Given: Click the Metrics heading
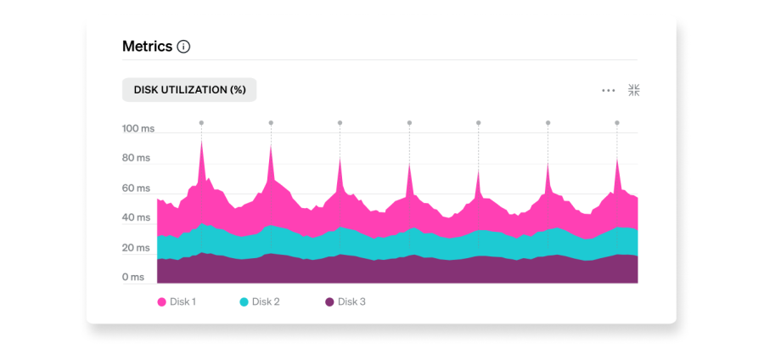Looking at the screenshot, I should coord(147,46).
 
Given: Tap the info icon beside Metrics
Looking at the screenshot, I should coord(183,47).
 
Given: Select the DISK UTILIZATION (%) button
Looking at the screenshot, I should coord(189,90).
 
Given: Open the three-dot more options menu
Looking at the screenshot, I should coord(609,90).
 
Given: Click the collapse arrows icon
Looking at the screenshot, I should coord(633,90).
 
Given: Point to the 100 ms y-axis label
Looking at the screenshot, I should coord(138,129).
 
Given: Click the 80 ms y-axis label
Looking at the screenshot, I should coord(136,158).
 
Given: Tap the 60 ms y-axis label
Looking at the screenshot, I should coord(136,188).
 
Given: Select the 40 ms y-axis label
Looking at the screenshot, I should coord(136,217).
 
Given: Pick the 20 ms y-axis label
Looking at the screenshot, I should coord(136,247).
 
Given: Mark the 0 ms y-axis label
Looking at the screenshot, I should coord(132,277).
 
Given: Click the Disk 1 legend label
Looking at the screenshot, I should coord(183,301).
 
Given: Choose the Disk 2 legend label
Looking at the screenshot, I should coord(266,301).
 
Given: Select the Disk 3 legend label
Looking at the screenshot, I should coord(351,301).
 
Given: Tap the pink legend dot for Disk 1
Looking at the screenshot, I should coord(161,301).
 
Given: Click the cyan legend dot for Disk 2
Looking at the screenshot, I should coord(244,301).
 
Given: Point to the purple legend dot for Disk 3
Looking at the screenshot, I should coord(329,301).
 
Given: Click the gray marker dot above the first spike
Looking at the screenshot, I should coord(201,123).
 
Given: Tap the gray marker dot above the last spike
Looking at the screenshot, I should coord(617,123).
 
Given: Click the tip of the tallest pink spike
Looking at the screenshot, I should coord(201,141).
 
